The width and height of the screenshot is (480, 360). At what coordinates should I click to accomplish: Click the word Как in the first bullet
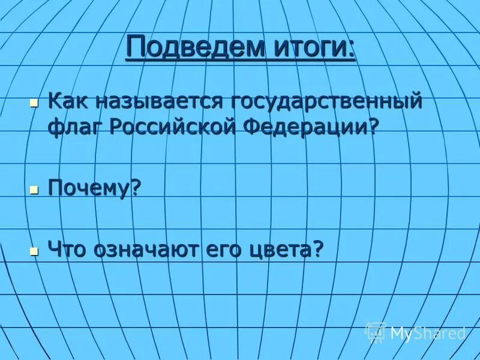[64, 100]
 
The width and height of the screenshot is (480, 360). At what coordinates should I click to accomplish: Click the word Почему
[89, 189]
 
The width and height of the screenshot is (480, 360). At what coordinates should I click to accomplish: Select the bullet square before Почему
[34, 190]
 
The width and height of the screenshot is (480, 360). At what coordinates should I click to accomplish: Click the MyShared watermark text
[427, 332]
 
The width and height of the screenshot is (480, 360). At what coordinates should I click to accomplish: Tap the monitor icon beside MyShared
[375, 331]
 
